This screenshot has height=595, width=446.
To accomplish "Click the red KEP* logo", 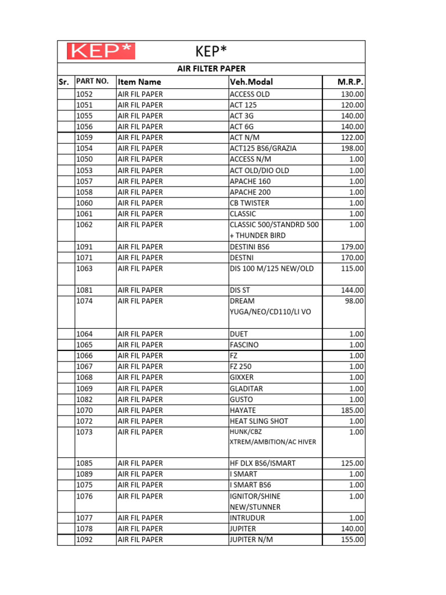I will [101, 51].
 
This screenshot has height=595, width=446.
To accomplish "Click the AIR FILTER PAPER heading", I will [211, 69].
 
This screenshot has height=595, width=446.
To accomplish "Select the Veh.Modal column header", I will [251, 82].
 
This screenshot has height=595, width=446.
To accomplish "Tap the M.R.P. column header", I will [350, 82].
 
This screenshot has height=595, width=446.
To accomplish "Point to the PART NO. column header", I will [92, 81].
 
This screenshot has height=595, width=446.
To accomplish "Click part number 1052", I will [85, 94].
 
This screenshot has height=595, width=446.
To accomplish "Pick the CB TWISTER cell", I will [250, 203].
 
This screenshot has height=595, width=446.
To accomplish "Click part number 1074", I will [85, 301].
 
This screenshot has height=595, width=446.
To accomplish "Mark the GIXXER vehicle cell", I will [242, 377].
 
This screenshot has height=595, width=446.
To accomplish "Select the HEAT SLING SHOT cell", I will [259, 421].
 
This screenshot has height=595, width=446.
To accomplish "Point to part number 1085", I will [85, 463].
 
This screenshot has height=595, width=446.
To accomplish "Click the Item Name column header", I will [139, 82].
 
